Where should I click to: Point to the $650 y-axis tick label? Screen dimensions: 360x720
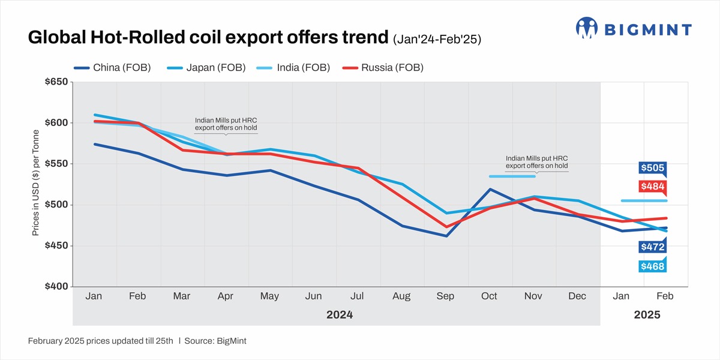pos(56,82)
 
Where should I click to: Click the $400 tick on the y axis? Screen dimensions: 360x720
pos(56,287)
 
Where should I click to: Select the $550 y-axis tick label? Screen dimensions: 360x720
pos(56,164)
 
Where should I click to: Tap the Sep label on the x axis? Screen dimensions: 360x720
pos(445,296)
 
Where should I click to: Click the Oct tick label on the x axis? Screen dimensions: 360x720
pos(489,296)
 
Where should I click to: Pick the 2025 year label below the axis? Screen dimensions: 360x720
pos(647,315)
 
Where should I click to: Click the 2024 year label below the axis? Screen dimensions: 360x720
pos(340,315)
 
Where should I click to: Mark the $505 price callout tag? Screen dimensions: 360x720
pos(652,168)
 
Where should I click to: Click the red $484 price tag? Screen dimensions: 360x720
pos(652,187)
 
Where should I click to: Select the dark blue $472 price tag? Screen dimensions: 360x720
pos(652,247)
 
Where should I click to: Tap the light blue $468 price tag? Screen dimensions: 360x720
pos(652,266)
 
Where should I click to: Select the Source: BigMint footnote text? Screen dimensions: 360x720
pos(215,341)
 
